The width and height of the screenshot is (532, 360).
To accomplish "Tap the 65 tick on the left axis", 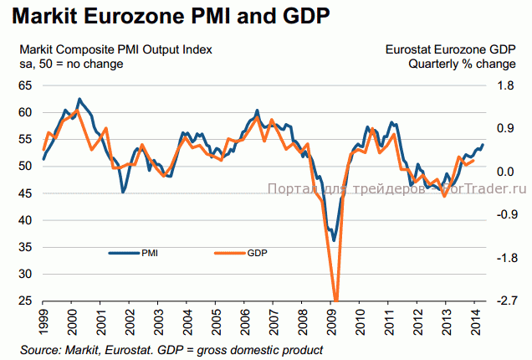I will [x=26, y=85].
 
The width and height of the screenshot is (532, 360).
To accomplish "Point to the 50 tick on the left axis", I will [x=26, y=167].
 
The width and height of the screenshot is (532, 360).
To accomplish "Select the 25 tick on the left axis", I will [x=26, y=301].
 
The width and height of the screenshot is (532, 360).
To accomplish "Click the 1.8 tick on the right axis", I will [x=505, y=85].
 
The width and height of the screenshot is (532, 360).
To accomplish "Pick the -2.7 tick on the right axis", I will [x=505, y=301].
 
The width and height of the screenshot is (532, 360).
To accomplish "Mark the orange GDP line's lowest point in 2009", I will [x=335, y=300].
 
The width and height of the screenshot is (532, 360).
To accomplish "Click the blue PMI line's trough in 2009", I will [x=333, y=240].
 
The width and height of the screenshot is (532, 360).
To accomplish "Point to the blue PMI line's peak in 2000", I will [x=79, y=99].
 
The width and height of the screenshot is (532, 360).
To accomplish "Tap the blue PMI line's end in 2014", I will [x=482, y=145].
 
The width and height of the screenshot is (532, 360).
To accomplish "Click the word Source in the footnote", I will [x=40, y=348].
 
